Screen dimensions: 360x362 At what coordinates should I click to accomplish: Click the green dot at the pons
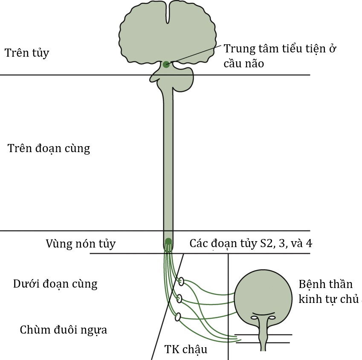166,65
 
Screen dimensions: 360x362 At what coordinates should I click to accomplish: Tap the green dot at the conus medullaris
168,242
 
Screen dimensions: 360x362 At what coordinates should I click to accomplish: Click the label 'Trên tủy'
27,53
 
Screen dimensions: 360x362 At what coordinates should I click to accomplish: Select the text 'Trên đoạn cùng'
49,149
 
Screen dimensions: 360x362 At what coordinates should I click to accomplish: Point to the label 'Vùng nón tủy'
81,244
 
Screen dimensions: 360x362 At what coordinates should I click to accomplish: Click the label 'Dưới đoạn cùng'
55,284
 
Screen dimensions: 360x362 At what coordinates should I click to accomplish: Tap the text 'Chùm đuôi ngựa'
64,330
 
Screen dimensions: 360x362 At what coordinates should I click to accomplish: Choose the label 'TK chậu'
186,349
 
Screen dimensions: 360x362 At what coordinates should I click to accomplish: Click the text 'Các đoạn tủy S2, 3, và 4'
251,244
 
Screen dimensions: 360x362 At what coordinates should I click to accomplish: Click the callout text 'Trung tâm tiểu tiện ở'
280,49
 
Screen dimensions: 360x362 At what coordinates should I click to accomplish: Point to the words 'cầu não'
244,63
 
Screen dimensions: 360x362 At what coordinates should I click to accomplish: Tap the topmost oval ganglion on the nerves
182,281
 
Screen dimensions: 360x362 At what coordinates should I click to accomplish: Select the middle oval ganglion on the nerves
180,299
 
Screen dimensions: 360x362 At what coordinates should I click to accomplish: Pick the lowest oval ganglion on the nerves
178,317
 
